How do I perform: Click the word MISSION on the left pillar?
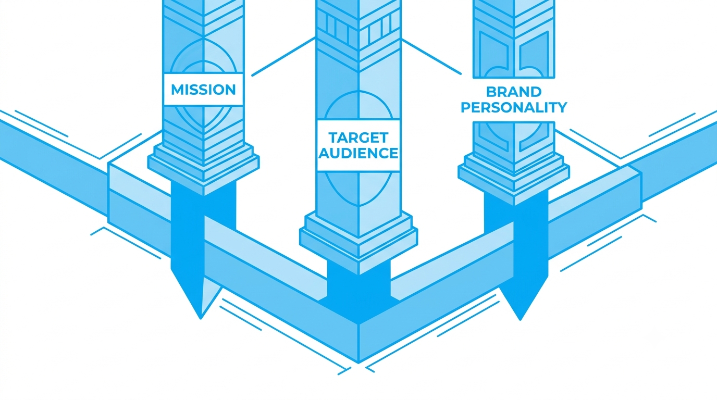pyautogui.click(x=203, y=90)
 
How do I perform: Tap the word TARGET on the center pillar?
pyautogui.click(x=358, y=137)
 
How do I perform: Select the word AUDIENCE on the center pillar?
pyautogui.click(x=358, y=153)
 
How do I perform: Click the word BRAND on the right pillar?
pyautogui.click(x=514, y=92)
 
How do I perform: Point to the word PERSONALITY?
pyautogui.click(x=514, y=107)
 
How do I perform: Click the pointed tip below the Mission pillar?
pyautogui.click(x=201, y=319)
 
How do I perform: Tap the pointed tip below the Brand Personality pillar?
pyautogui.click(x=520, y=320)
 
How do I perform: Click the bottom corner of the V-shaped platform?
pyautogui.click(x=358, y=363)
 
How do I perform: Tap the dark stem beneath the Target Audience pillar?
pyautogui.click(x=358, y=288)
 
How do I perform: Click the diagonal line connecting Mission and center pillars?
pyautogui.click(x=283, y=57)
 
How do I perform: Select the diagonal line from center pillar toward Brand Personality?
pyautogui.click(x=431, y=56)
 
